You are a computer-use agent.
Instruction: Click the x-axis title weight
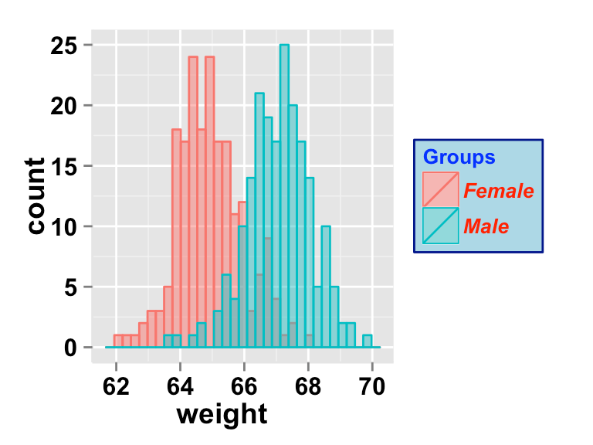coord(222,414)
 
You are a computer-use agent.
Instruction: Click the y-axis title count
coord(36,195)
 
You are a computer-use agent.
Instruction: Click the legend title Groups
coord(459,158)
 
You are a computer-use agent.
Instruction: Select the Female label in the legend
coord(499,190)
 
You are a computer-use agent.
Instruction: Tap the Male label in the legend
coord(486,226)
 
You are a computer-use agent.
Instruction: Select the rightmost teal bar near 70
coord(368,341)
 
